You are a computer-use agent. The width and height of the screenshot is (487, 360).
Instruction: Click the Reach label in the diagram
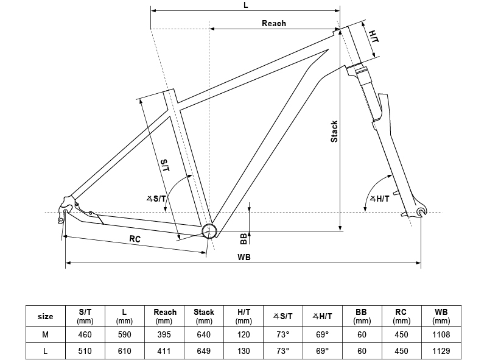pyautogui.click(x=274, y=23)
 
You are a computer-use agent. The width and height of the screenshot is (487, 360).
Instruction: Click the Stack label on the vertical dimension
pyautogui.click(x=334, y=132)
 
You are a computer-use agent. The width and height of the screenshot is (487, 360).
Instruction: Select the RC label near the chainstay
pyautogui.click(x=135, y=239)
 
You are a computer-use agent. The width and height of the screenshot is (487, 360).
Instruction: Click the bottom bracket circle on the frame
pyautogui.click(x=209, y=231)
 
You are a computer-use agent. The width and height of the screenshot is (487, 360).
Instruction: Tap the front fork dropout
pyautogui.click(x=421, y=211)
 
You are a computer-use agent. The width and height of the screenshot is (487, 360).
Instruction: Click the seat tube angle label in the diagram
pyautogui.click(x=156, y=198)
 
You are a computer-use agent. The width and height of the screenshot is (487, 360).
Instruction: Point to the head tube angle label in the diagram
pyautogui.click(x=380, y=199)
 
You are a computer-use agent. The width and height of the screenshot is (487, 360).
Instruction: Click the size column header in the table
pyautogui.click(x=46, y=316)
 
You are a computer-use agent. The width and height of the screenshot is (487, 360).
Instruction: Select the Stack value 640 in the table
pyautogui.click(x=204, y=334)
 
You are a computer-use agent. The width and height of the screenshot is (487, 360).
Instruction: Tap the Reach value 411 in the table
pyautogui.click(x=164, y=351)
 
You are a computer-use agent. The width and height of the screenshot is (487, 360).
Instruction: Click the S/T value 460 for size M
pyautogui.click(x=85, y=334)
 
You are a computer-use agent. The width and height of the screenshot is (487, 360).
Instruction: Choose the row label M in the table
pyautogui.click(x=46, y=334)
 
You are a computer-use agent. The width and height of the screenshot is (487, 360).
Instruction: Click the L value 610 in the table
pyautogui.click(x=125, y=351)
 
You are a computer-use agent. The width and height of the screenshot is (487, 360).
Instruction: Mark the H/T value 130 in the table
pyautogui.click(x=243, y=351)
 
